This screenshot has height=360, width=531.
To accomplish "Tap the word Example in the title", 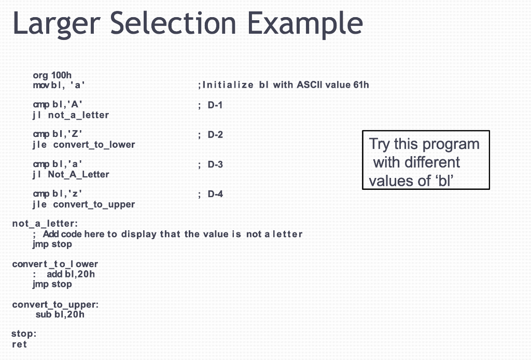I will click(x=304, y=23).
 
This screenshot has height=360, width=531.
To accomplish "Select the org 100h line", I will click(x=52, y=76).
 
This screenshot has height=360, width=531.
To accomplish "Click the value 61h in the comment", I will click(x=361, y=85).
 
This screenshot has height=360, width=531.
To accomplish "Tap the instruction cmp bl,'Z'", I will click(x=58, y=135).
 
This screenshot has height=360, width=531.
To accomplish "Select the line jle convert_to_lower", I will click(x=83, y=145).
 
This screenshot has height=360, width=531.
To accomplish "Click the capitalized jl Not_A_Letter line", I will click(x=71, y=174).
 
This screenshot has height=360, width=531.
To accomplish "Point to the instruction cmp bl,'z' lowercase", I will click(x=58, y=195).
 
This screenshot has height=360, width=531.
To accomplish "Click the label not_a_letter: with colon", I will click(x=45, y=224).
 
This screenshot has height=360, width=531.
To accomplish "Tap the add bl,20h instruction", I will click(x=71, y=274).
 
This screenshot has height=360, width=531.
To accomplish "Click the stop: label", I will click(x=24, y=334).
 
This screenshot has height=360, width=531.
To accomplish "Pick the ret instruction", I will click(x=19, y=344).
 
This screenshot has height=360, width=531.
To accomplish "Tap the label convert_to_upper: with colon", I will click(x=55, y=304).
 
